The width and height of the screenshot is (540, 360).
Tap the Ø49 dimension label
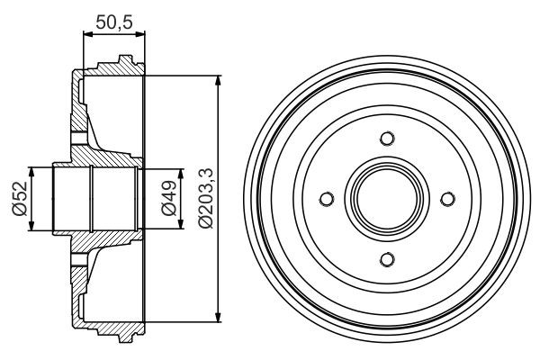pyautogui.click(x=167, y=198)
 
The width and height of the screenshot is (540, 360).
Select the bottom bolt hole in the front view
pyautogui.click(x=387, y=259)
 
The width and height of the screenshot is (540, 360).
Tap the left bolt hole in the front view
pyautogui.click(x=327, y=198)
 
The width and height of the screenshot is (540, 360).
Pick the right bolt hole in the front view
pyautogui.click(x=447, y=198)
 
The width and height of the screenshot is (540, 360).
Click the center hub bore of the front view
pyautogui.click(x=387, y=198)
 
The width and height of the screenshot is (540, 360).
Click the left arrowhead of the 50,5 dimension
pyautogui.click(x=86, y=35)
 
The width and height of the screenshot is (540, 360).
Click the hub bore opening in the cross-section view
pyautogui.click(x=94, y=198)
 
